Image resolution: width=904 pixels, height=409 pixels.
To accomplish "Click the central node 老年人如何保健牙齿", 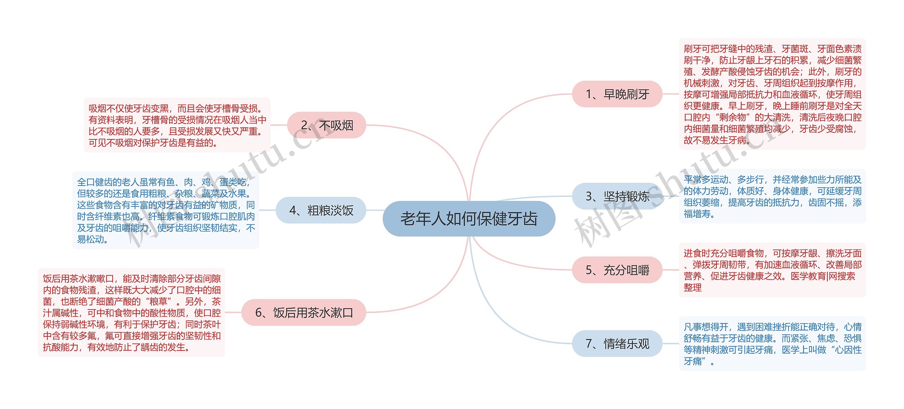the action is pos(469,218).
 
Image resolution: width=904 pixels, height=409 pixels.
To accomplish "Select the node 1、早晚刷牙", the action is pos(617,94).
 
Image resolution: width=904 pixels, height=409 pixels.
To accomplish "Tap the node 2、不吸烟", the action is pos(326,125).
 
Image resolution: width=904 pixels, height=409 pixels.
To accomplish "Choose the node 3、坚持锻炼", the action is pos(617,196).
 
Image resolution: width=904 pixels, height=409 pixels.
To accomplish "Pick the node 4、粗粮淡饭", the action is pos(321,210).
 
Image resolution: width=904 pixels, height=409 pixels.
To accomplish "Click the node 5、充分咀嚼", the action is pos(617,270).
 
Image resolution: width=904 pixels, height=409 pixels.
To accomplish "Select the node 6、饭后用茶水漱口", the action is pos(304,312).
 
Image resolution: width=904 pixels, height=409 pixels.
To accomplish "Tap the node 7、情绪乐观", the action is pos(617,343).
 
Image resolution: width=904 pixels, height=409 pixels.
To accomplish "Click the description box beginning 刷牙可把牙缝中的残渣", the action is pos(772,94).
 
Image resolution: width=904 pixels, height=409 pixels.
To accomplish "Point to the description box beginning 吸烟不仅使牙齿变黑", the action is pos(177,125).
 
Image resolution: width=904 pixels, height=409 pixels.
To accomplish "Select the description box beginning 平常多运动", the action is pos(772,197).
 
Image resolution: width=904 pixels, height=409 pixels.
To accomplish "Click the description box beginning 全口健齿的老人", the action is pos(166,210).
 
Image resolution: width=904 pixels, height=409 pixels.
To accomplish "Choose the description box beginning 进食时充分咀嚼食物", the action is pos(772,270).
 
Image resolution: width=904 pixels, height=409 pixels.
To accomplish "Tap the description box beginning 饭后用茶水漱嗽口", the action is pos(131,313).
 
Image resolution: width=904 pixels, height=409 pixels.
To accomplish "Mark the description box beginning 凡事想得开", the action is pos(772,344).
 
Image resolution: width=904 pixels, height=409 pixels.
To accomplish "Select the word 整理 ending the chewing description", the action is pos(692,288).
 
